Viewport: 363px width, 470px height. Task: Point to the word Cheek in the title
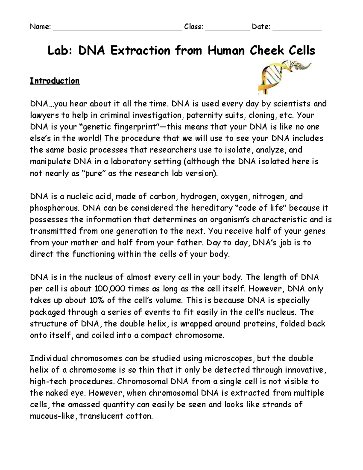pyautogui.click(x=265, y=51)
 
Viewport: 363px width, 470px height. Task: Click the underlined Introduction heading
pyautogui.click(x=55, y=81)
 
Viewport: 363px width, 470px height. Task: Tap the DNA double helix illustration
pyautogui.click(x=281, y=76)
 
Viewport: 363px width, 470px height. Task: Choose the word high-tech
pyautogui.click(x=45, y=382)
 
